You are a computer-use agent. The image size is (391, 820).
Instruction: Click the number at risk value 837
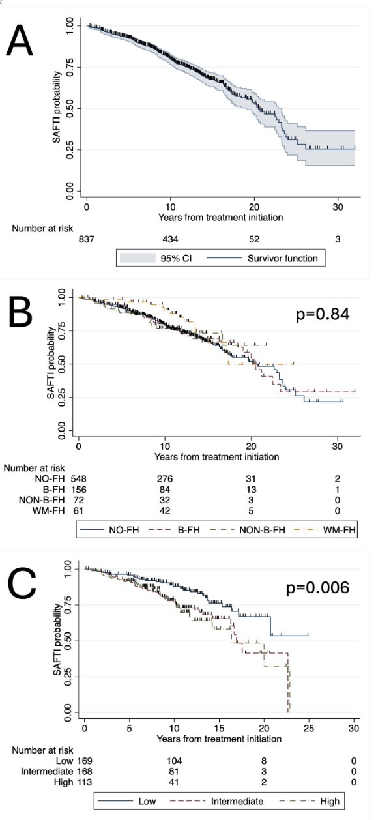click(x=87, y=240)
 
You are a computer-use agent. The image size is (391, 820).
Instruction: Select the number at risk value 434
click(x=171, y=240)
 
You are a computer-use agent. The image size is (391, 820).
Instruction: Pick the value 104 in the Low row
click(x=175, y=761)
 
